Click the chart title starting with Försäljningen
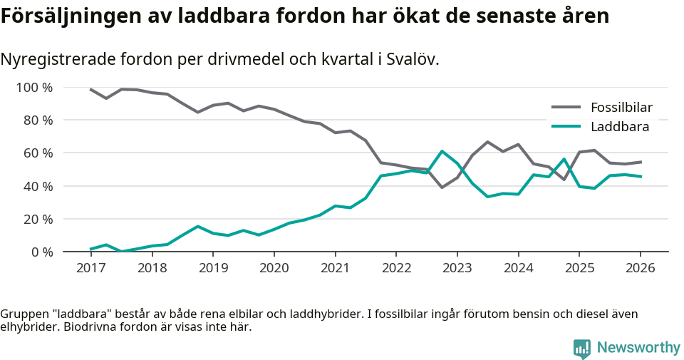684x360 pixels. coord(305,16)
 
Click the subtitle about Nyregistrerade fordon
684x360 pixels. coord(219,59)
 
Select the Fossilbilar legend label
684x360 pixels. coord(621,108)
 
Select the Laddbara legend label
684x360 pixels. coord(619,127)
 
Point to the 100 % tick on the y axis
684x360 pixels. coord(34,88)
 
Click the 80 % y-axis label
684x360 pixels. coord(37,120)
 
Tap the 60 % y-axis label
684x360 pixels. coord(37,153)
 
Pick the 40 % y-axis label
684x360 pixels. coord(37,186)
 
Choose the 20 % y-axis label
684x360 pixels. coord(37,219)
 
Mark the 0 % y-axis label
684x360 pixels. coord(41,252)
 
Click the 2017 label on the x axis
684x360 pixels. coord(90,268)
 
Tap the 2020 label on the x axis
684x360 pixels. coord(274,268)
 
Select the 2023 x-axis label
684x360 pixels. coord(457,268)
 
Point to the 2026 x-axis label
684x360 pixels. coord(640,268)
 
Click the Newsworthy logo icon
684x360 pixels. coord(582,348)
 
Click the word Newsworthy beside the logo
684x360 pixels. coord(638,348)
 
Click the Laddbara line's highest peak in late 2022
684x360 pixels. coord(442,151)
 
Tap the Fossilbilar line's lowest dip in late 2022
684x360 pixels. coord(442,187)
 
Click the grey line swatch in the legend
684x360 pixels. coord(566,108)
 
